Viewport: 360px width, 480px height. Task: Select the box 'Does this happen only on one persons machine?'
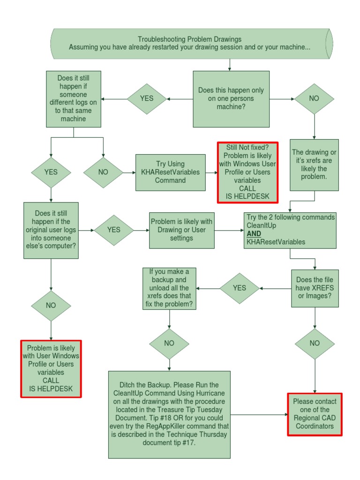231,99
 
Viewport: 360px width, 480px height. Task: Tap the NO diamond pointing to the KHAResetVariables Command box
103,172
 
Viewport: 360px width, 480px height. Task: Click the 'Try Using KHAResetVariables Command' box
170,172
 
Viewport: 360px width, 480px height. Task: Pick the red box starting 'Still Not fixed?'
247,172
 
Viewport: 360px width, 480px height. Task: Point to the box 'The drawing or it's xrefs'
314,165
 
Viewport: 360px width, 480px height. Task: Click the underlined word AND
254,233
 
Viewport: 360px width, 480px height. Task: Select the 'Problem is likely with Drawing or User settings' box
181,230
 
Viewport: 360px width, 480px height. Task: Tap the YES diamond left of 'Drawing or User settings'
113,230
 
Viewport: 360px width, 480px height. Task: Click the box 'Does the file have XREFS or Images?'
315,288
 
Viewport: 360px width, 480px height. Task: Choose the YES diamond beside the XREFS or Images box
239,288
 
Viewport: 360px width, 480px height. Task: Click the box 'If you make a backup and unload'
169,288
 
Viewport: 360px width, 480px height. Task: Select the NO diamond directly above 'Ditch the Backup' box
169,343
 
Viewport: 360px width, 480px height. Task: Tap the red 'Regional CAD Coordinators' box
315,414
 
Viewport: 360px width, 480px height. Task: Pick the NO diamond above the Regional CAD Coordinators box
315,343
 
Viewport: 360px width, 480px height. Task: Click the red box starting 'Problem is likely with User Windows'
51,368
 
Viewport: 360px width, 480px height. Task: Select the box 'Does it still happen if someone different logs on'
74,99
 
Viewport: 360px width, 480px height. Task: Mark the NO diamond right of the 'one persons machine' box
314,99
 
